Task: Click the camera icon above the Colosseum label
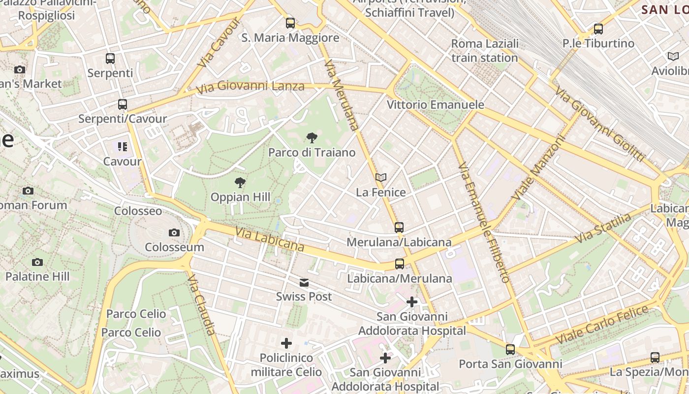pos(174,232)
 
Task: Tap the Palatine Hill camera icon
pos(37,262)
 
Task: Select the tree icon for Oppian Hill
pos(240,183)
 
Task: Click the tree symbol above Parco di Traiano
pos(312,138)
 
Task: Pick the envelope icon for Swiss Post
pos(304,282)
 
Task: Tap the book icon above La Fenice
pos(380,177)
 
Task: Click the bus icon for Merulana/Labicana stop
pos(399,228)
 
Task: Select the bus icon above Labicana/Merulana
pos(400,264)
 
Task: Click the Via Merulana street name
pos(342,95)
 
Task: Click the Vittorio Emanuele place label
pos(435,105)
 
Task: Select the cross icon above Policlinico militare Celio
pos(286,343)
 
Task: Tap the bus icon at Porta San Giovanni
pos(510,350)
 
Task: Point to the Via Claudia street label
pos(201,305)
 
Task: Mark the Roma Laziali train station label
pos(485,51)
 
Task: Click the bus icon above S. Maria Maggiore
pos(290,23)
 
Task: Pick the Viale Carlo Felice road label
pos(602,325)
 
